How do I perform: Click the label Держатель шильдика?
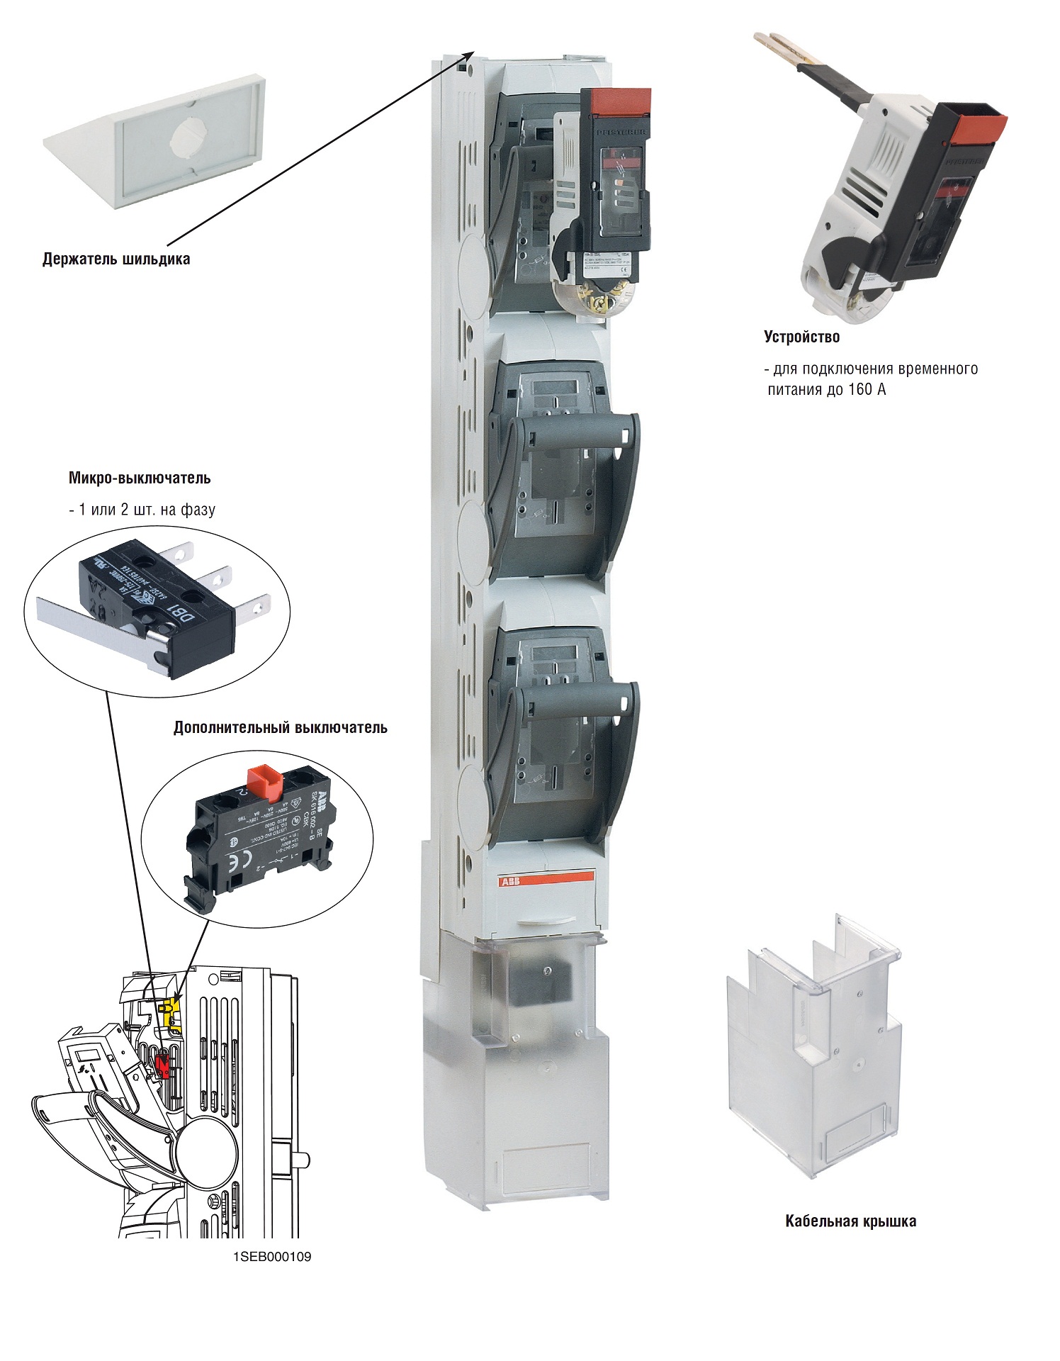click(x=116, y=259)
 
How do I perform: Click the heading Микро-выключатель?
click(x=140, y=478)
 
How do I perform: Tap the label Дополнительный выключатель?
click(x=280, y=727)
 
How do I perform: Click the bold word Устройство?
click(x=801, y=337)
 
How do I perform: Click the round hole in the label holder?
click(x=186, y=137)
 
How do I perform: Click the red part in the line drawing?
click(x=164, y=1065)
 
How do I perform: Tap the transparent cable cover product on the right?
click(x=815, y=1049)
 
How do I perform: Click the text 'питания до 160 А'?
click(x=826, y=389)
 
